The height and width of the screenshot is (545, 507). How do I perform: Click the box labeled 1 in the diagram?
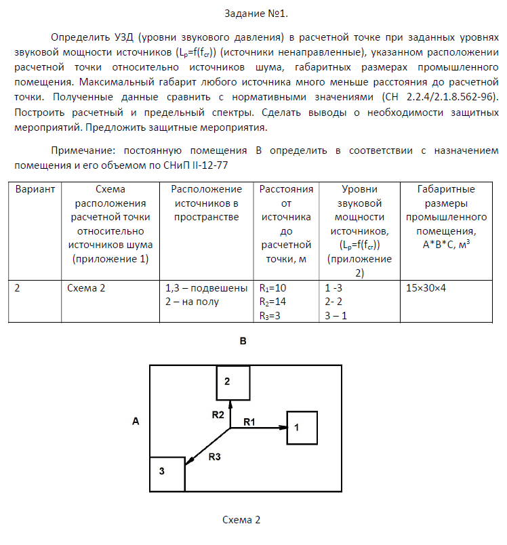tap(302, 428)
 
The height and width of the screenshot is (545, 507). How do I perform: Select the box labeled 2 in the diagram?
tap(232, 382)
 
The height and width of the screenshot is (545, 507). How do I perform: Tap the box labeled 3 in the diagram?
tap(167, 472)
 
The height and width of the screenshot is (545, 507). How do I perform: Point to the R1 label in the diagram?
tap(249, 422)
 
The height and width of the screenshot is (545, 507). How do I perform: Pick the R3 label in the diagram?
tap(215, 456)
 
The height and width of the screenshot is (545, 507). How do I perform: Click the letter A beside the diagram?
tap(136, 422)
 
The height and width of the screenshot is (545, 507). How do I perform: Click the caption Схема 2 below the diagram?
tap(241, 521)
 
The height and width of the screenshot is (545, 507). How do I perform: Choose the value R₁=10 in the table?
tap(275, 288)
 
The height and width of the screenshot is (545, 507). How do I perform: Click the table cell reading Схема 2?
tap(86, 288)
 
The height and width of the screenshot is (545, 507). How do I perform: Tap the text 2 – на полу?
tap(192, 302)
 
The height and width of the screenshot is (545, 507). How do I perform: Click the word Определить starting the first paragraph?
tap(79, 37)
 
